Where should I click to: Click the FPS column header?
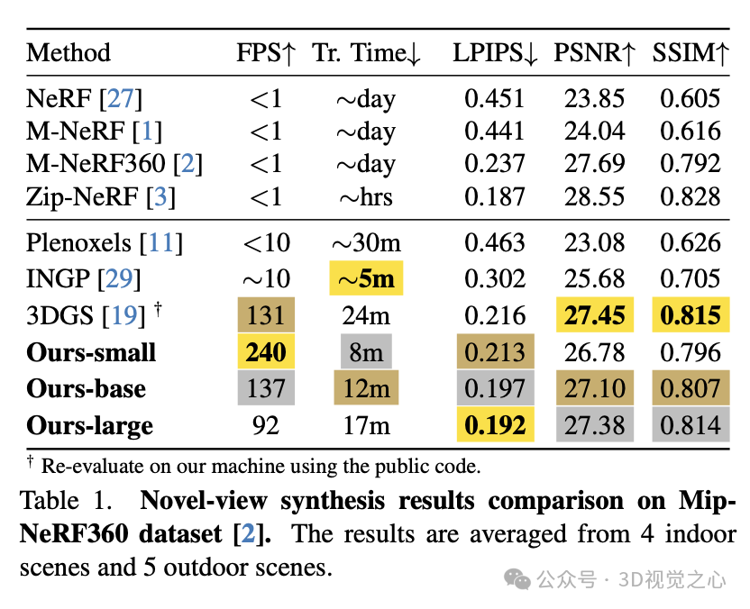pyautogui.click(x=265, y=54)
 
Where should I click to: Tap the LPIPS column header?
pyautogui.click(x=495, y=54)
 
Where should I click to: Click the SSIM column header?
pyautogui.click(x=691, y=54)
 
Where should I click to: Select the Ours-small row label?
pyautogui.click(x=92, y=352)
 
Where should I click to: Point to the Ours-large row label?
pyautogui.click(x=90, y=425)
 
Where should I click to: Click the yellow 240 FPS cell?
pyautogui.click(x=265, y=352)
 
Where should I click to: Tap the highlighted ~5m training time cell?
pyautogui.click(x=366, y=279)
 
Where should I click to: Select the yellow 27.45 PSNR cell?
pyautogui.click(x=594, y=316)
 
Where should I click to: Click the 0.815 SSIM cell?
pyautogui.click(x=691, y=316)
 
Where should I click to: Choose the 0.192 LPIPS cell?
pyautogui.click(x=495, y=425)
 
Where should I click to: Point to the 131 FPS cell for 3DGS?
pyautogui.click(x=265, y=316)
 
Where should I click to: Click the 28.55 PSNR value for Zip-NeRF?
pyautogui.click(x=594, y=196)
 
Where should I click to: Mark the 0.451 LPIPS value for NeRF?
pyautogui.click(x=495, y=99)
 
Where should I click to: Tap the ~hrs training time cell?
pyautogui.click(x=366, y=196)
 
